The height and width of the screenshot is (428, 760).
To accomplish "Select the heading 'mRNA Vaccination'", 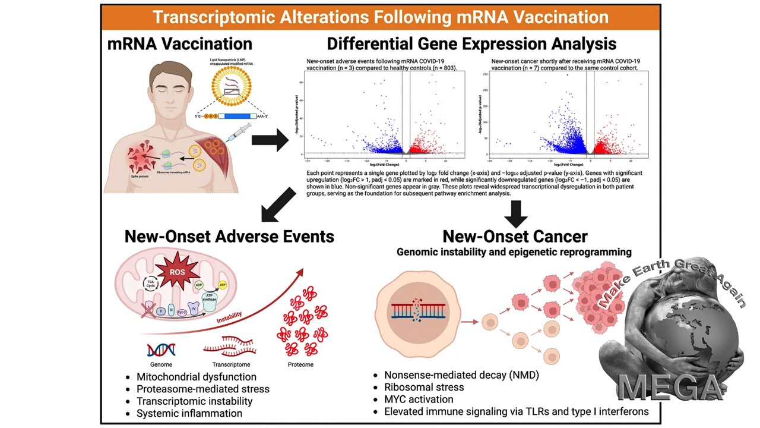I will click(180, 44).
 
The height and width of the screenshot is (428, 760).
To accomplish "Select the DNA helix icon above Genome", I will click(161, 350).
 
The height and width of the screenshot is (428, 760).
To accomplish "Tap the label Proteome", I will click(300, 364).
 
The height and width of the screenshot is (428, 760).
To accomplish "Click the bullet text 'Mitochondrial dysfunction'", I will click(197, 377).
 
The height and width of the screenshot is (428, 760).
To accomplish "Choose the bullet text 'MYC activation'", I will click(419, 399).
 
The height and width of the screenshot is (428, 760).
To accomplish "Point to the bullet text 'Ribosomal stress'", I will click(425, 387).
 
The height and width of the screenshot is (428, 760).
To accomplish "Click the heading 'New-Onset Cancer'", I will click(515, 236).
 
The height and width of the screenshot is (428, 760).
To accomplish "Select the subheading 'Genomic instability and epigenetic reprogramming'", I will click(514, 252).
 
